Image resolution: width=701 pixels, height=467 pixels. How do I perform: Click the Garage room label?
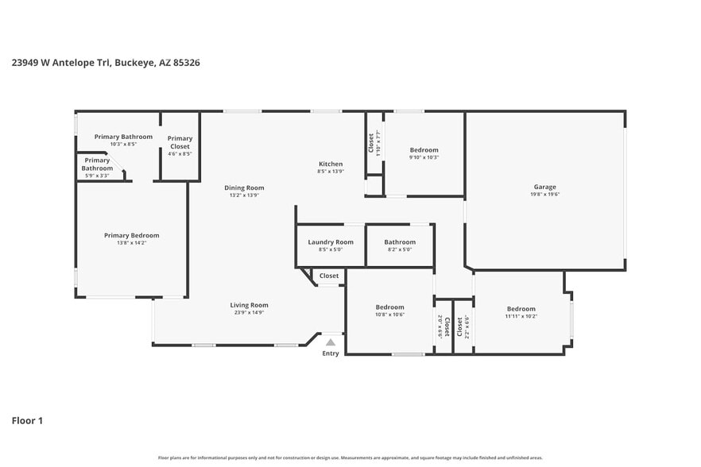[x=544, y=187]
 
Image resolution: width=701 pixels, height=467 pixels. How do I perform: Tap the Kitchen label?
[x=331, y=164]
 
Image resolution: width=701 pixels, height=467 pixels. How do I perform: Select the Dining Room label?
[x=244, y=188]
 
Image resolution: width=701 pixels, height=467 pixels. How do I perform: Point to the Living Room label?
[x=249, y=305]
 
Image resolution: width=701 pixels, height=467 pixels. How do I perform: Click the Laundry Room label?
[x=330, y=242]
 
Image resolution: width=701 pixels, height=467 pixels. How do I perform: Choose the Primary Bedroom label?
[x=132, y=235]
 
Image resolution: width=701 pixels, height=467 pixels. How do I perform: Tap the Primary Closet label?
[x=180, y=142]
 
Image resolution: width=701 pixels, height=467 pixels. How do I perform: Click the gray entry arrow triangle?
[x=331, y=342]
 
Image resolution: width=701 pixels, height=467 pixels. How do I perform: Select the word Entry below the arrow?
[x=331, y=353]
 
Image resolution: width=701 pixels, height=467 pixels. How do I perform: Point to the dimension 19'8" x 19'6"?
[x=544, y=195]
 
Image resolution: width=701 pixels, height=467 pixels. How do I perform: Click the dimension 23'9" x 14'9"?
[x=249, y=313]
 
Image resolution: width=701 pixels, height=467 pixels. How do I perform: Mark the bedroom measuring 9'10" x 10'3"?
[x=424, y=153]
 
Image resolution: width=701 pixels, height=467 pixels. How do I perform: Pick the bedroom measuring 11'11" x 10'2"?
[x=521, y=312]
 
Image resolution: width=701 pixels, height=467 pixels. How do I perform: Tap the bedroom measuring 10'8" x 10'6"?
[x=389, y=311]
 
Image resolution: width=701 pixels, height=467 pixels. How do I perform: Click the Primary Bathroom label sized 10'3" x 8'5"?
[x=123, y=140]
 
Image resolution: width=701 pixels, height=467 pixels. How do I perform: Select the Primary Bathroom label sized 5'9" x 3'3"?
[x=97, y=168]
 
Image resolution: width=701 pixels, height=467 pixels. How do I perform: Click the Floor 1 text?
[x=27, y=420]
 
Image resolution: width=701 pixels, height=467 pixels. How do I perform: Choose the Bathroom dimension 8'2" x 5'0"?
[x=400, y=249]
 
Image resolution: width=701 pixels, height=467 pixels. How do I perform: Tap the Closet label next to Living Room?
[x=329, y=276]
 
